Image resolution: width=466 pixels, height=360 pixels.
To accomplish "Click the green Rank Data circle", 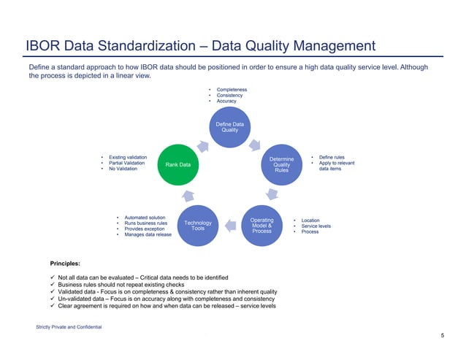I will coord(178,165).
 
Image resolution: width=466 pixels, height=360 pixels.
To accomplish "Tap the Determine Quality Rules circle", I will coord(281,164).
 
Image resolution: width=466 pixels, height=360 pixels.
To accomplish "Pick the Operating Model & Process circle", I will coord(261,224).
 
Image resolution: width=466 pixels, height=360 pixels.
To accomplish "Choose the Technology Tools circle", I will coord(198,226).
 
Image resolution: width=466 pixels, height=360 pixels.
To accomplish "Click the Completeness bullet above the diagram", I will coord(231,89).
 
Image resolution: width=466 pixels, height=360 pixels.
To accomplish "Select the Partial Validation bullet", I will coord(128,164).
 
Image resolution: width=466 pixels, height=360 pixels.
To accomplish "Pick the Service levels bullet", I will coord(316,226).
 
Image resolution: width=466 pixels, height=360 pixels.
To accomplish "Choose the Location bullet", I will coord(310,220).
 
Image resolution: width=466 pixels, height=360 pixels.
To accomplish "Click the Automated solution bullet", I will coord(145,217).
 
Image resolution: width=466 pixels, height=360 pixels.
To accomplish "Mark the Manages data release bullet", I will coord(148,234).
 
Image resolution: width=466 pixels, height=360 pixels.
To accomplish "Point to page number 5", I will coord(443,334).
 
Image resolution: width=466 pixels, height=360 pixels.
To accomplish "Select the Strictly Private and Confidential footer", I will coord(69,326).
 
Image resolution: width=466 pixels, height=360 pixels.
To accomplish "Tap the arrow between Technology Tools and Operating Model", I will coord(229,218).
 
